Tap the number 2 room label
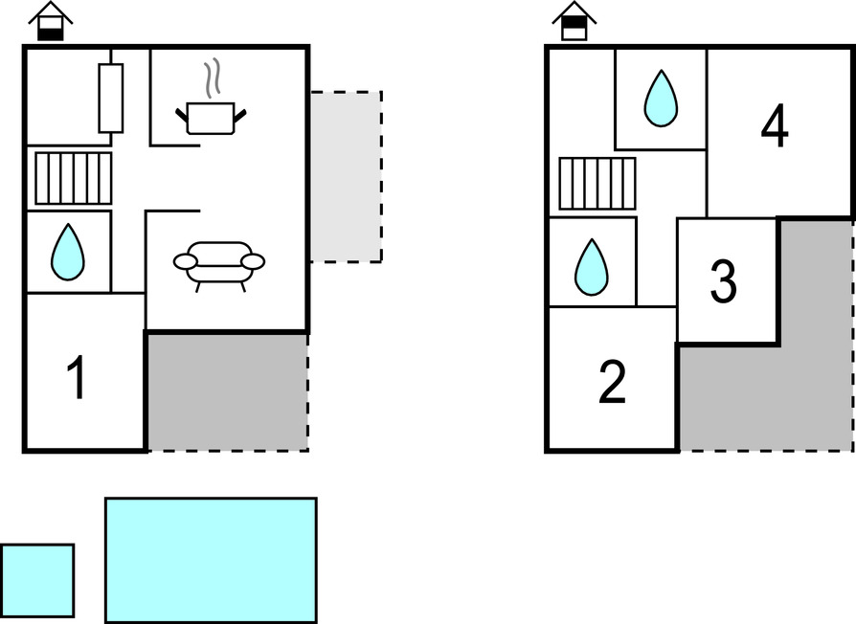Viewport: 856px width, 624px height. tap(611, 383)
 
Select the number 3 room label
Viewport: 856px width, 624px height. tap(724, 280)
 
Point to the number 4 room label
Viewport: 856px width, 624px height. tap(775, 127)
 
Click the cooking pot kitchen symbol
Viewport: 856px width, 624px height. tap(212, 118)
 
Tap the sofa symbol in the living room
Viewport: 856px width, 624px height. tap(219, 262)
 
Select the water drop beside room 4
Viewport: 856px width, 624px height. tap(660, 100)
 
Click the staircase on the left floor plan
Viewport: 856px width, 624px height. tap(74, 178)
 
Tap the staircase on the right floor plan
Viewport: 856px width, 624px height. tap(597, 184)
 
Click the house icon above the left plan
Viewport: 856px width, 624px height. tap(50, 21)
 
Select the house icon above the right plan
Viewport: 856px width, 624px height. tap(574, 21)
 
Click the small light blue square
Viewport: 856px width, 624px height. tap(37, 581)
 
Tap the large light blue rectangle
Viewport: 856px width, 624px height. tap(211, 560)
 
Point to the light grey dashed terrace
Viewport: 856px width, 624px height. tap(346, 176)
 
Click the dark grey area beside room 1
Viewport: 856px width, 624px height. tap(226, 390)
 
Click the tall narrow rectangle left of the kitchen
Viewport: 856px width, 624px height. tap(111, 98)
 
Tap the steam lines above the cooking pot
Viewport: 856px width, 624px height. tap(214, 78)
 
